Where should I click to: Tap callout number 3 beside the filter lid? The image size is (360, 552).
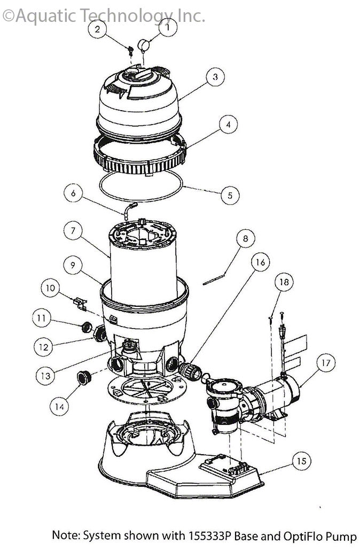(x=215, y=77)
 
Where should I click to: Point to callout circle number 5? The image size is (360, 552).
(x=230, y=195)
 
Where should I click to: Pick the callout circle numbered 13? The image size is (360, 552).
(x=46, y=376)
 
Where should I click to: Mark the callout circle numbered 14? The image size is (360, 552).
(x=60, y=407)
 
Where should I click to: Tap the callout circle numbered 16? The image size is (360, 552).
(x=260, y=263)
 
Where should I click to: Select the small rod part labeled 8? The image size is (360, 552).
(x=214, y=281)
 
